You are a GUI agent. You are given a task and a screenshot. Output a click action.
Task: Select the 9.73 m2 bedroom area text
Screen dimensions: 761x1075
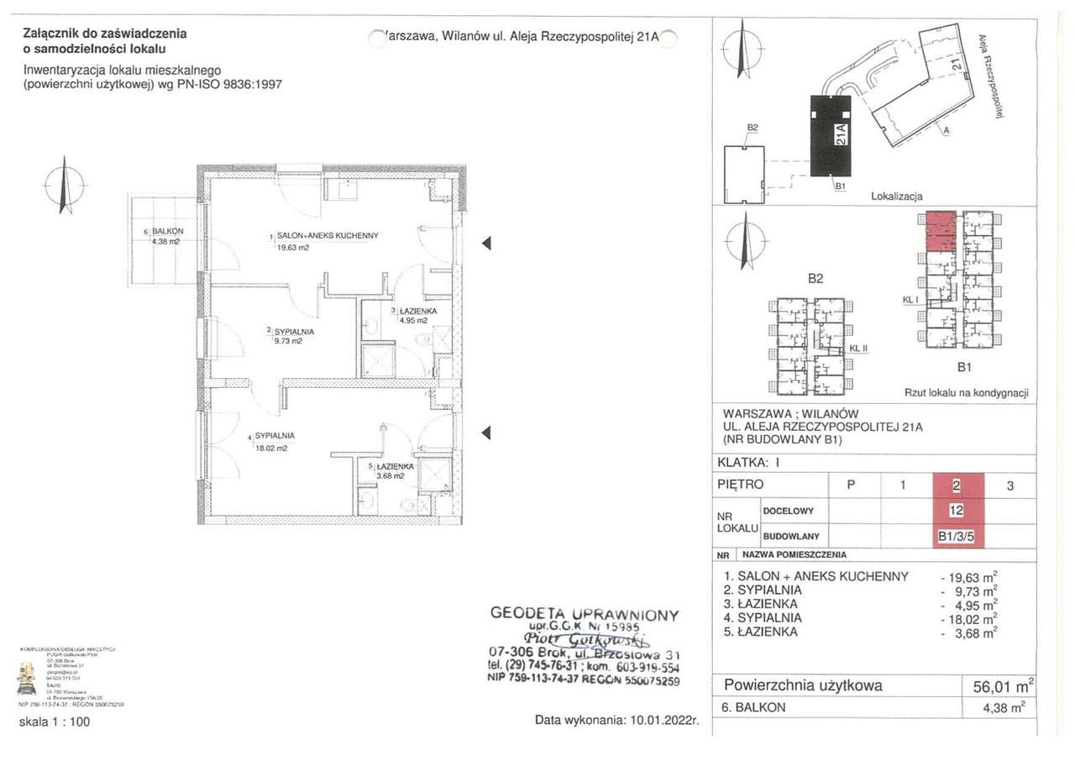[x=288, y=342]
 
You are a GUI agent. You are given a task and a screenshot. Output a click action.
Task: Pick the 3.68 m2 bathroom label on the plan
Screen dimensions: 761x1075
[x=391, y=475]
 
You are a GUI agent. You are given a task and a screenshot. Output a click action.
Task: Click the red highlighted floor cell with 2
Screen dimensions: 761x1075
[x=957, y=485]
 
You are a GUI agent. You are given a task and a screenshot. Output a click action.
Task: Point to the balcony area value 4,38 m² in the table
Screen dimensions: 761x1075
[x=1004, y=708]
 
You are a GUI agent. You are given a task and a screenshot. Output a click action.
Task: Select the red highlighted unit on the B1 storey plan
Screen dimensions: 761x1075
[x=941, y=232]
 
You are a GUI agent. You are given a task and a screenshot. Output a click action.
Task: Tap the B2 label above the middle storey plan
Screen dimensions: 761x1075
[x=815, y=280]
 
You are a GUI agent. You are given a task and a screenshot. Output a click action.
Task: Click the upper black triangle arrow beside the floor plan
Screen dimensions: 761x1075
[x=485, y=244]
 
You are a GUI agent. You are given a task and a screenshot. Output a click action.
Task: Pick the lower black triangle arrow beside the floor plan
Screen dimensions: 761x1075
[x=485, y=433]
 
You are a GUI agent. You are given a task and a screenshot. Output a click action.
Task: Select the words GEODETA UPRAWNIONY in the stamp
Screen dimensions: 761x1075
[x=584, y=614]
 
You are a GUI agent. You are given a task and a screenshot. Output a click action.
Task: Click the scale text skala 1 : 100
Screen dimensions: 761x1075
[x=54, y=722]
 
